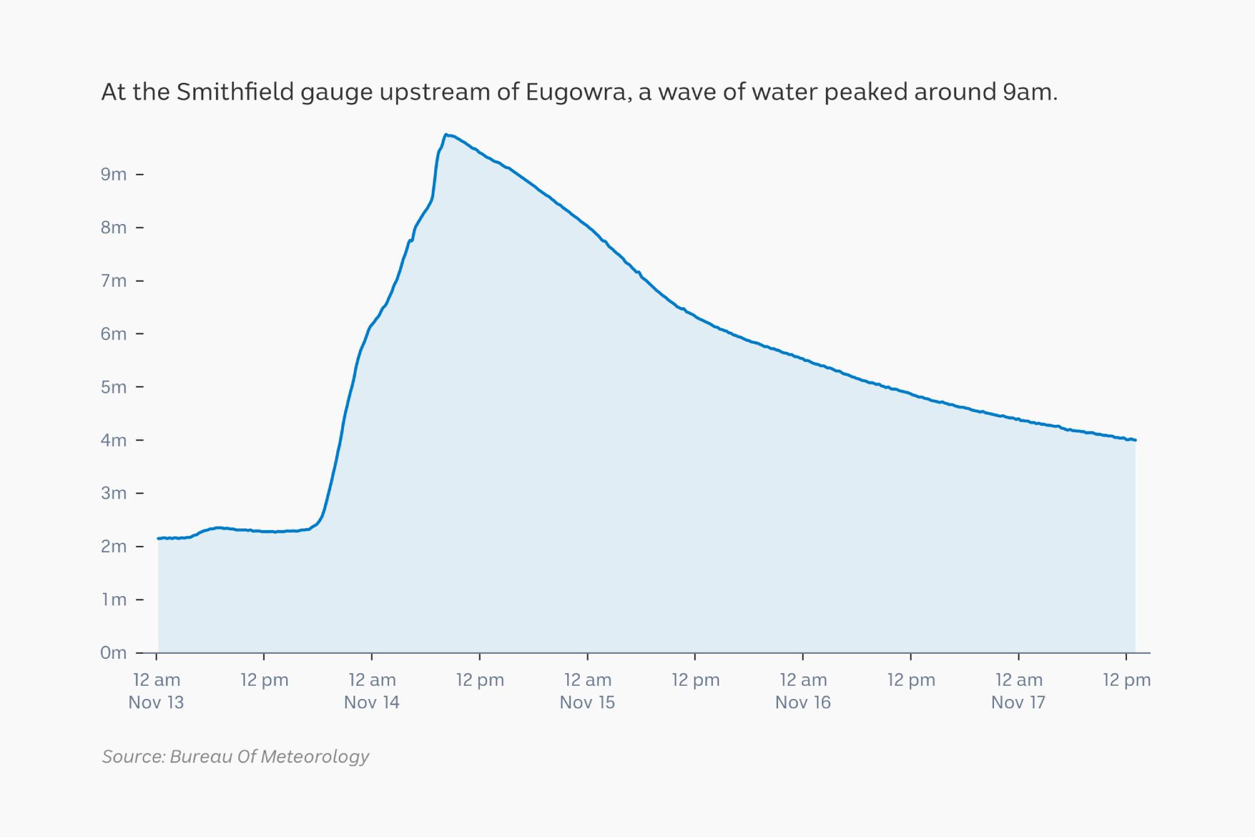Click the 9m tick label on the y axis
(x=114, y=174)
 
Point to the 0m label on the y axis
(x=114, y=653)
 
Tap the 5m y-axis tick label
(x=114, y=387)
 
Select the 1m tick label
(x=114, y=599)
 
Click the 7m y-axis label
(x=114, y=280)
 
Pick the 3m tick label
(x=114, y=493)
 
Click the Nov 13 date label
(x=156, y=702)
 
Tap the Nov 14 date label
(x=371, y=702)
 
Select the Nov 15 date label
(x=587, y=702)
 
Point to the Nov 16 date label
(x=803, y=702)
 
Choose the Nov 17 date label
(x=1018, y=702)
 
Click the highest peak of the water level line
(x=446, y=135)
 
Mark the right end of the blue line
(x=1135, y=440)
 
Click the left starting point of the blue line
(x=158, y=538)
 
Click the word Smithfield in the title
(x=235, y=92)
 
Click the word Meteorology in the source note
(x=315, y=757)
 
